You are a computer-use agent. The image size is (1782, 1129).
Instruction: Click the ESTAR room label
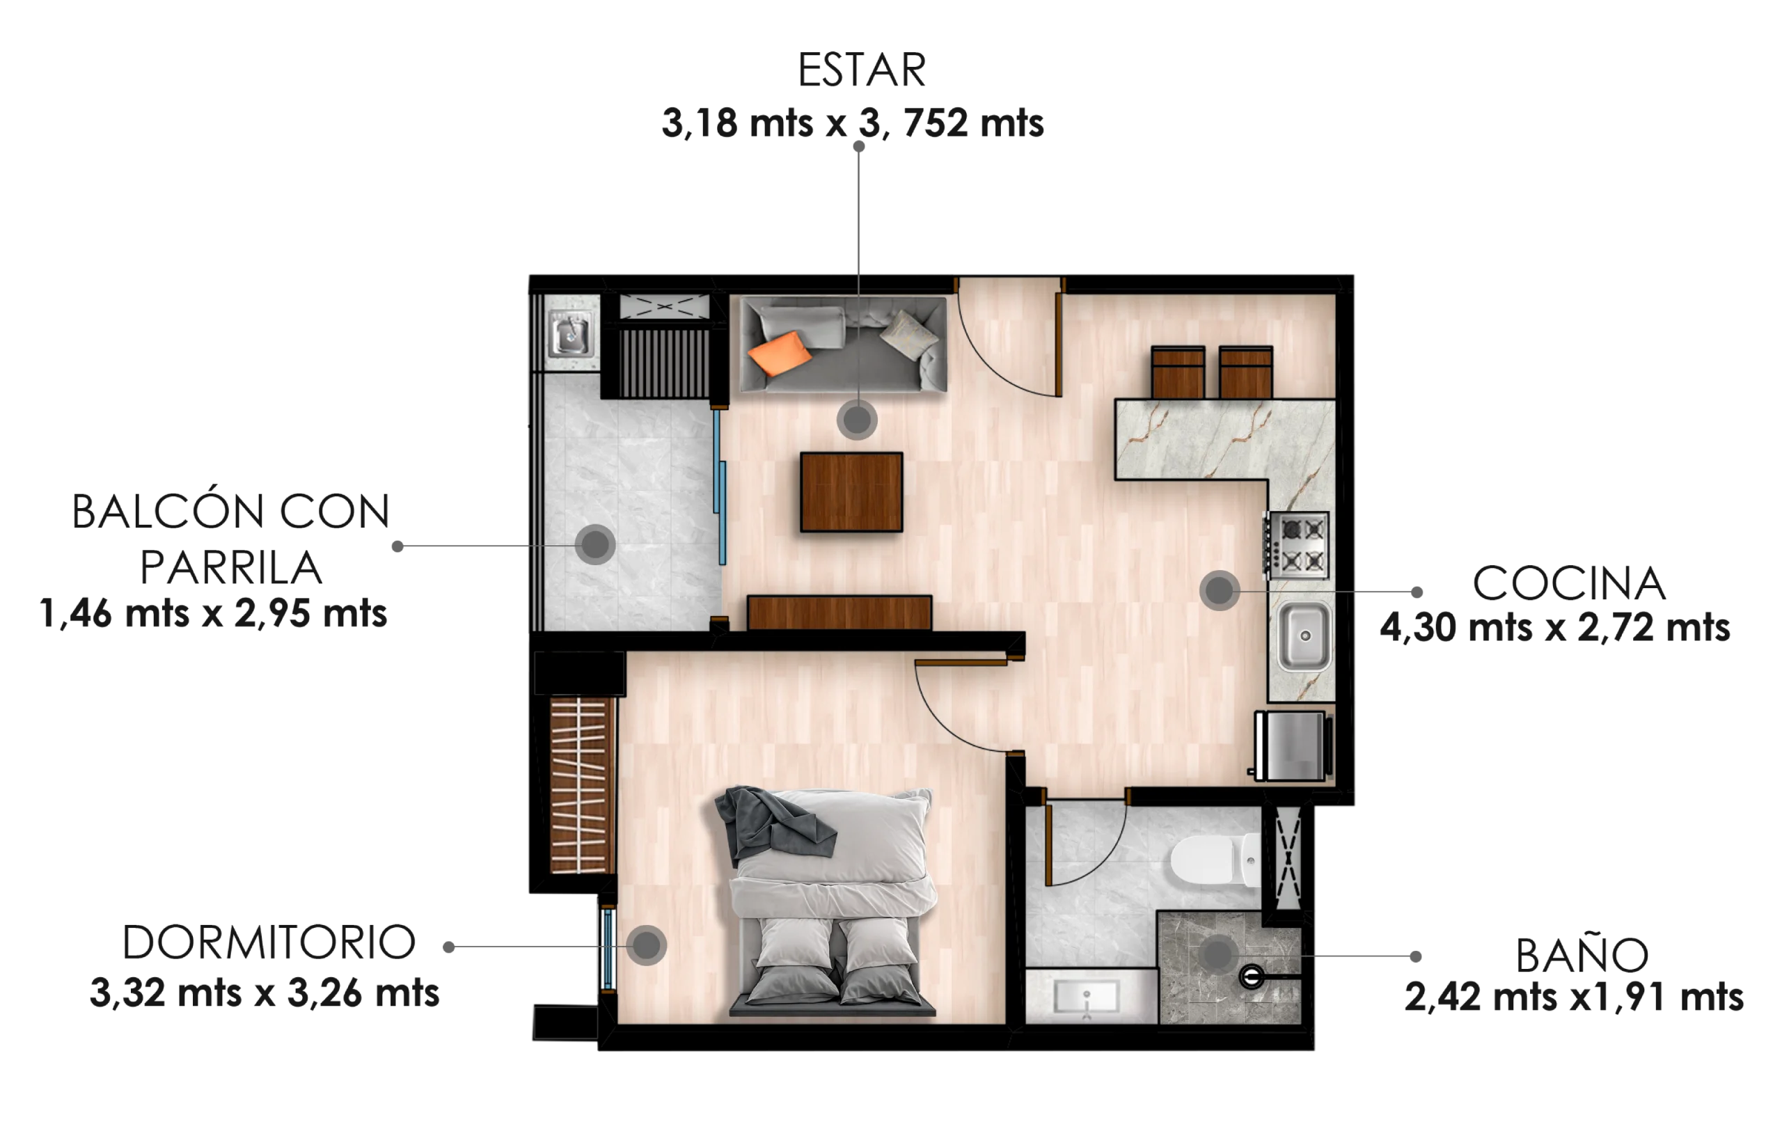861,70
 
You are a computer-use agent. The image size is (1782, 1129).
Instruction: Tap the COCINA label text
1569,584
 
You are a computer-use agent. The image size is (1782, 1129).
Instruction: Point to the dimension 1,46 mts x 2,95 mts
213,613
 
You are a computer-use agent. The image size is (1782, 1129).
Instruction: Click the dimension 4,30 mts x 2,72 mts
1555,627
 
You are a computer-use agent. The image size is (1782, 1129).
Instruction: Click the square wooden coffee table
851,492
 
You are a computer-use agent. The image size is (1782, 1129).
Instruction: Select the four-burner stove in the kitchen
1298,544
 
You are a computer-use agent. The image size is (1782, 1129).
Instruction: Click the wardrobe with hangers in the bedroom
582,786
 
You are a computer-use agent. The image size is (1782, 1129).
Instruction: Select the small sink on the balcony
570,335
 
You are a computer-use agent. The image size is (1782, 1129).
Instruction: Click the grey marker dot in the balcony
595,545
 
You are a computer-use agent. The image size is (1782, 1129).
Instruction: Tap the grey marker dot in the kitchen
1220,590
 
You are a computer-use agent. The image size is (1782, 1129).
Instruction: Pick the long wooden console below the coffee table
839,613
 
